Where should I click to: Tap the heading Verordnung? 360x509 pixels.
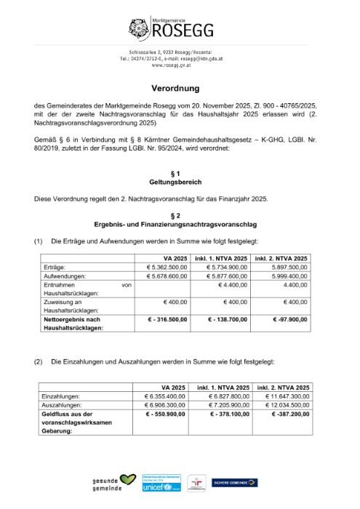pyautogui.click(x=180, y=87)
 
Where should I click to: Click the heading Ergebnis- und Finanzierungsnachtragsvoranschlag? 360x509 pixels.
pyautogui.click(x=180, y=225)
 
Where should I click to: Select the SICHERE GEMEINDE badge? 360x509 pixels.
pyautogui.click(x=234, y=482)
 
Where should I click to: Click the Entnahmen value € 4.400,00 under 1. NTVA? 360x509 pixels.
pyautogui.click(x=231, y=286)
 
